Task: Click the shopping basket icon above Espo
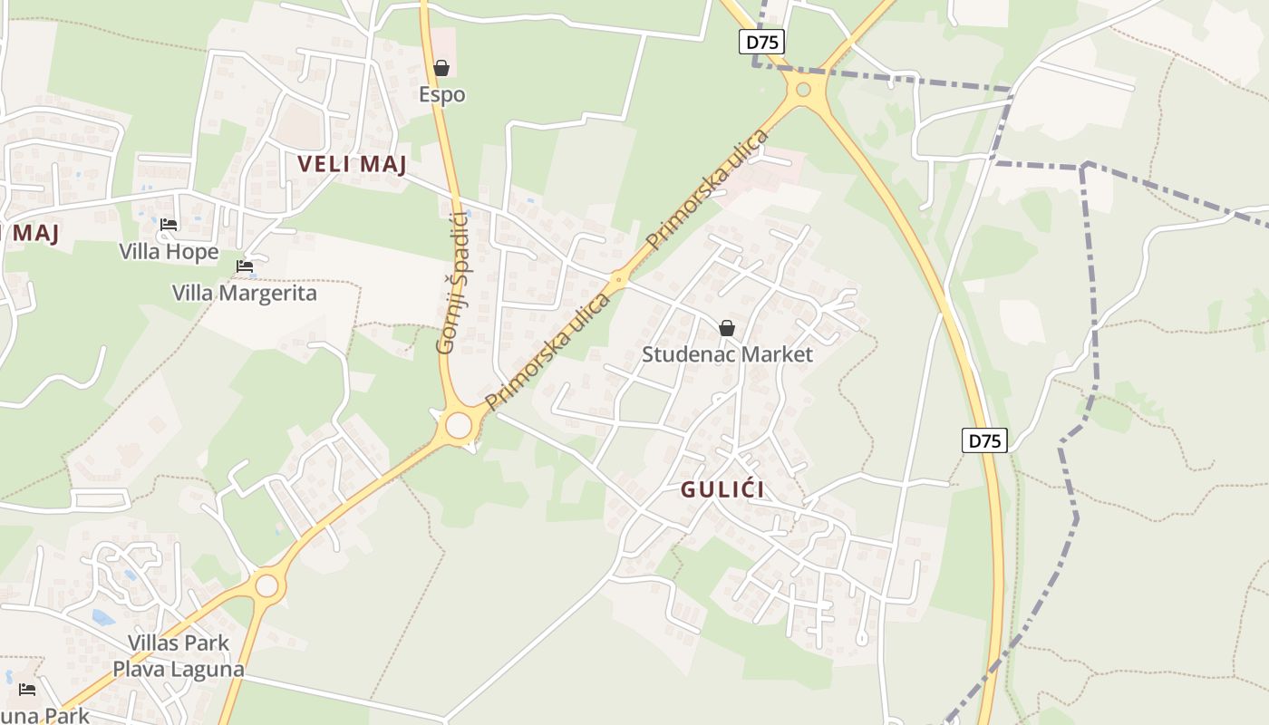pos(441,68)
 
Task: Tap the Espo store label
pos(441,94)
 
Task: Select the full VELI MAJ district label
pos(352,164)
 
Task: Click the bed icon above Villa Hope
pos(168,225)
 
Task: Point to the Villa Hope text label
pos(169,251)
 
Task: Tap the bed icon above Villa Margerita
pos(245,266)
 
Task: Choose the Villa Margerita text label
pos(245,294)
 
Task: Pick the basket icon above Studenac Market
pos(727,328)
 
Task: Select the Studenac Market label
pos(727,354)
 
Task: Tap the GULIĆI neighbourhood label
pos(722,489)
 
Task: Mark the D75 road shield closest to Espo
pos(761,42)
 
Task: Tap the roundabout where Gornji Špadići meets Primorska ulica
pos(459,424)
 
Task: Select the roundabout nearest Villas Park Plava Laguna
pos(266,585)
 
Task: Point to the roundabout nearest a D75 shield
pos(802,89)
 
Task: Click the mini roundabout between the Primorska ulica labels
pos(619,279)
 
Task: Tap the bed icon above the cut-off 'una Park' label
pos(27,690)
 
